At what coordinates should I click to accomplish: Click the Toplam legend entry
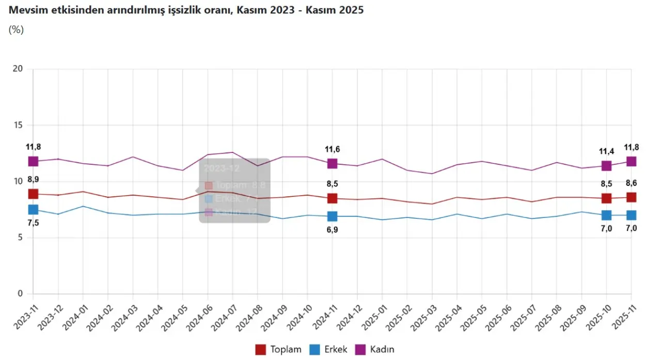tap(279, 350)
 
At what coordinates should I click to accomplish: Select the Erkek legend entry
tap(329, 350)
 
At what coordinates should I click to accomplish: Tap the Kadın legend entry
tap(376, 350)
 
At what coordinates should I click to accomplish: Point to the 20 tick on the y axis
tap(19, 69)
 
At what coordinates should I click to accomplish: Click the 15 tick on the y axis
tap(19, 125)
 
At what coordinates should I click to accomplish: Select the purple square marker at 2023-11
tap(33, 162)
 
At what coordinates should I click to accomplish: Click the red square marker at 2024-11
tap(332, 198)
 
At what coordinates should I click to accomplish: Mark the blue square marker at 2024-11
tap(332, 216)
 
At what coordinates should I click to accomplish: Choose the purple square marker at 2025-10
tap(606, 166)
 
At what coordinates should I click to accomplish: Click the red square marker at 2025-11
tap(631, 197)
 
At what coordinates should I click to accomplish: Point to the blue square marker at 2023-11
tap(33, 210)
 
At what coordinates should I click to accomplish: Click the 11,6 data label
tap(332, 150)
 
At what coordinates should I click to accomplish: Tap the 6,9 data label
tap(332, 230)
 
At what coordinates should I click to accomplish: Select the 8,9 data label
tap(33, 180)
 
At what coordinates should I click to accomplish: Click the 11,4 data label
tap(606, 151)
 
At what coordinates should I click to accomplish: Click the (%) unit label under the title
tap(16, 30)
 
